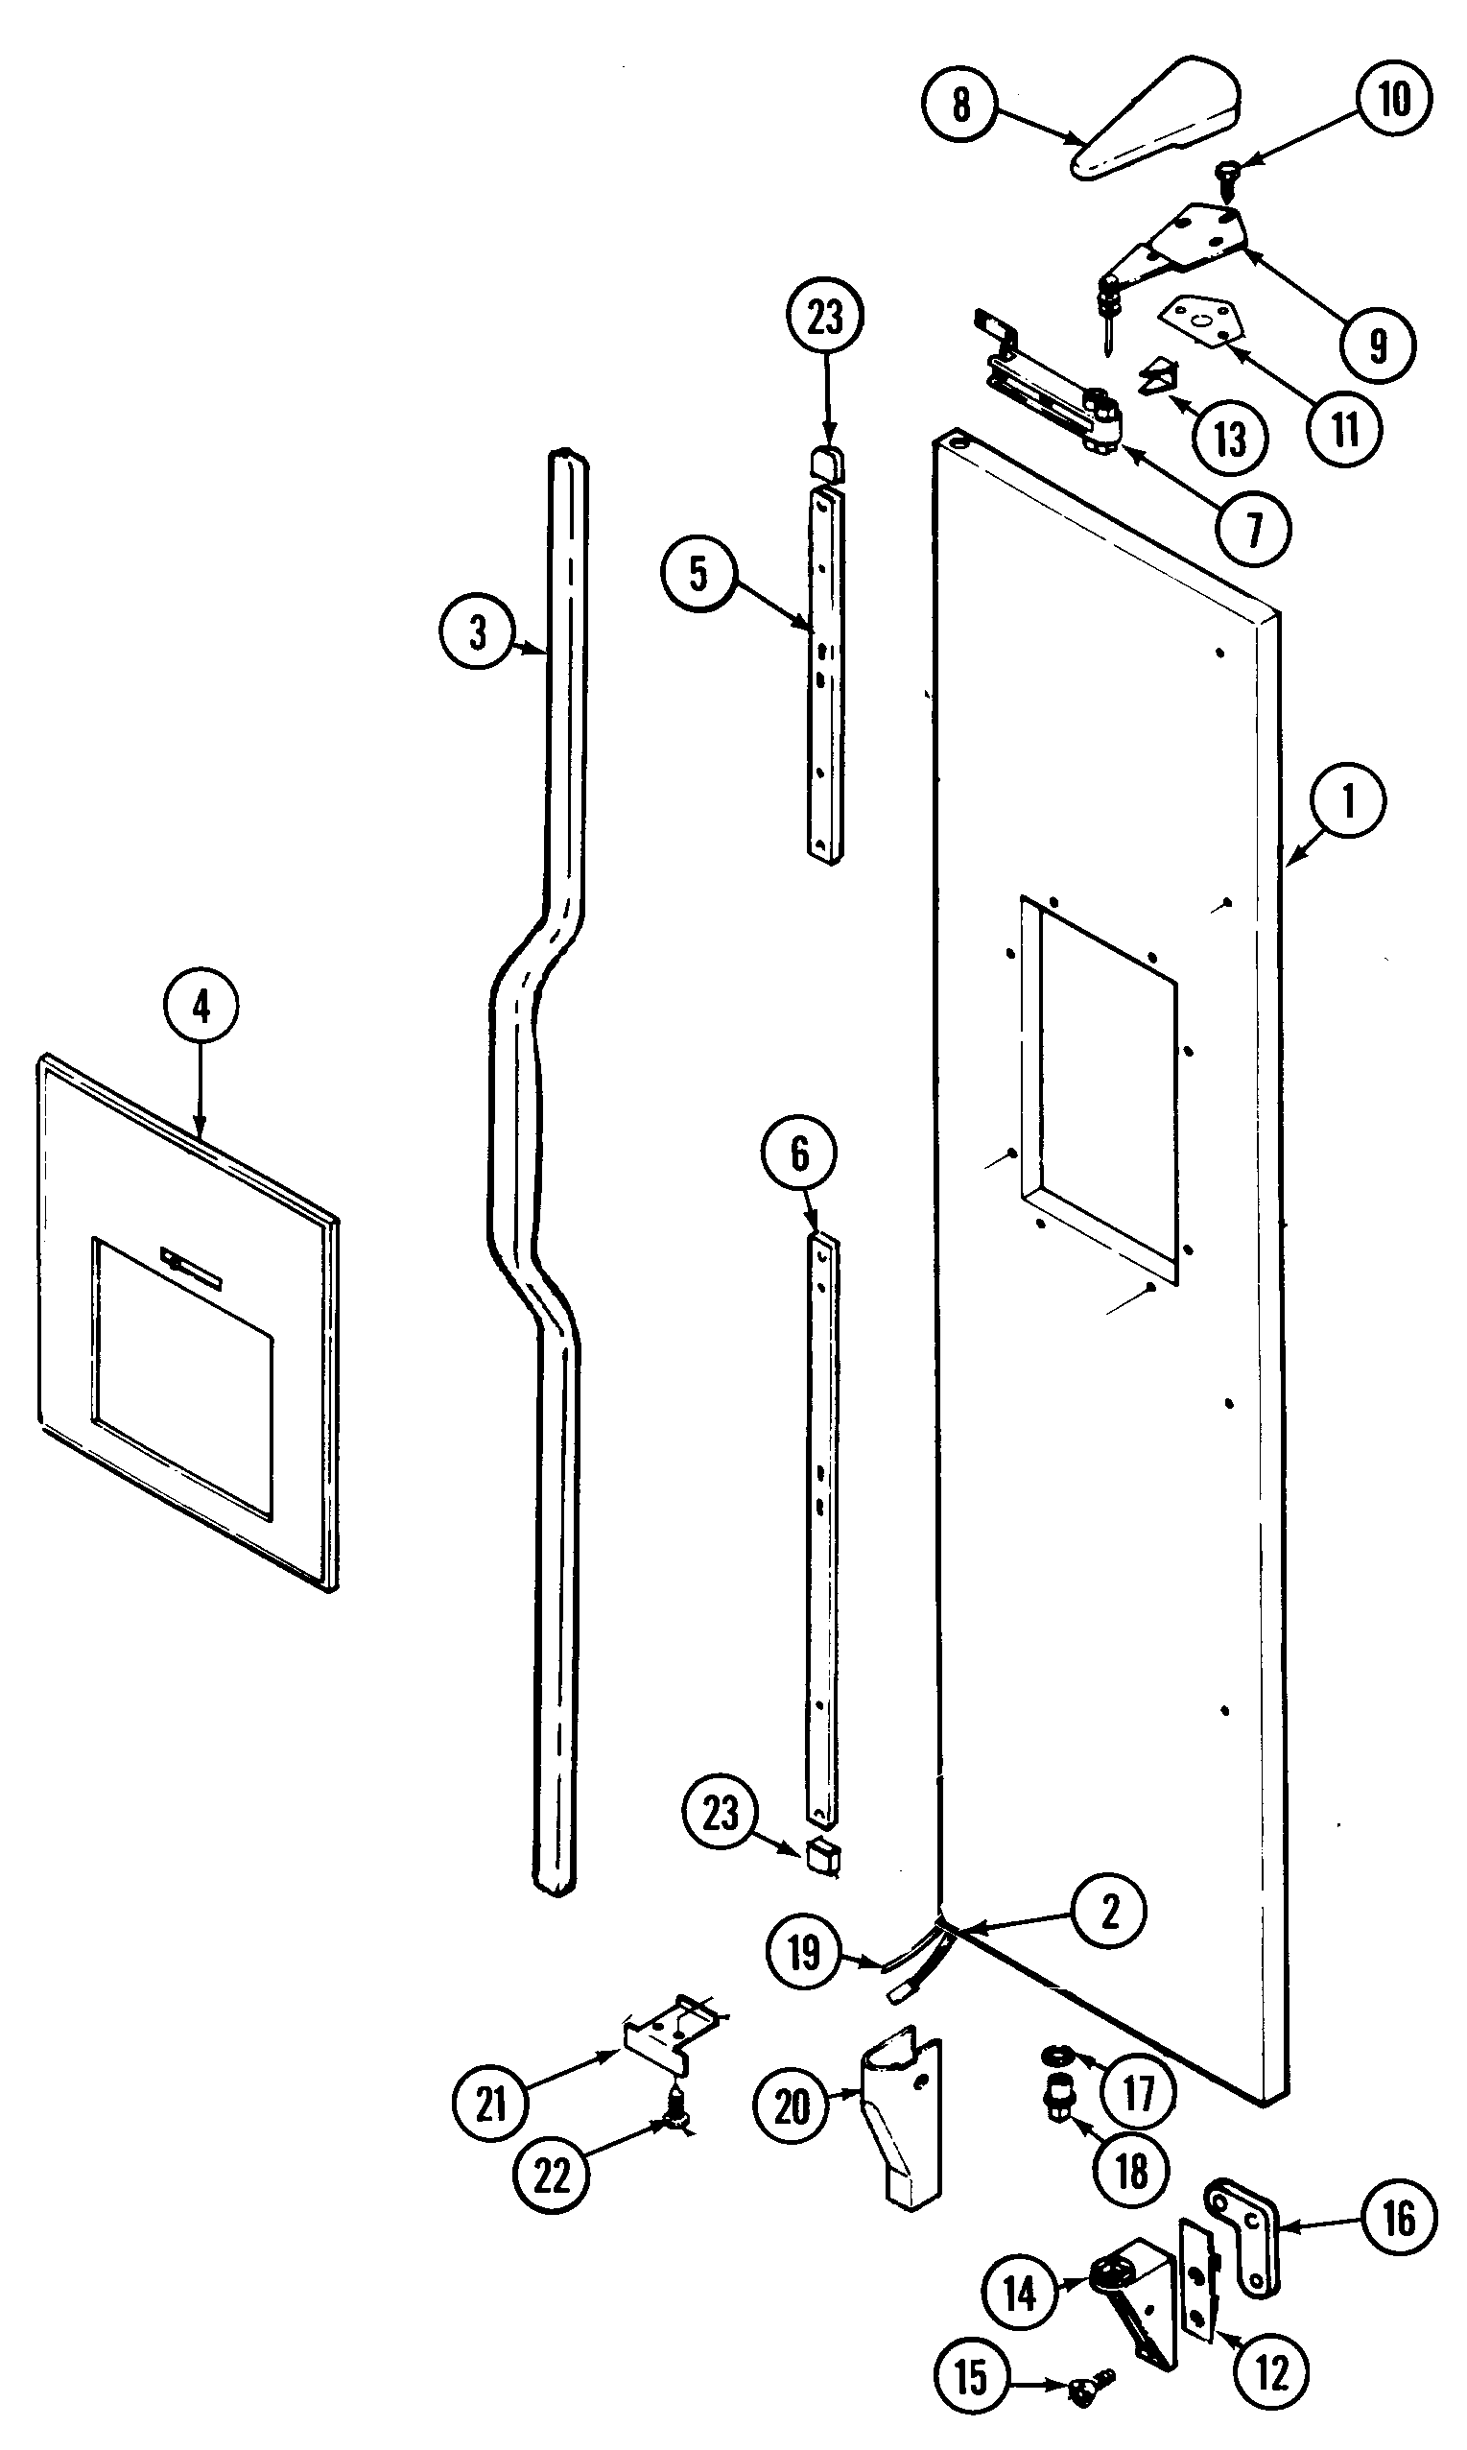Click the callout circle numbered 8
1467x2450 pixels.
click(959, 105)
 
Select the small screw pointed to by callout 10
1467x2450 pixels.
click(1231, 174)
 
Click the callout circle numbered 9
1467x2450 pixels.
click(1378, 345)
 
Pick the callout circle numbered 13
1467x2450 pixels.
click(1230, 437)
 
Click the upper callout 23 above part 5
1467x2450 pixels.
click(825, 319)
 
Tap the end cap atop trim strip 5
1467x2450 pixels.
click(826, 463)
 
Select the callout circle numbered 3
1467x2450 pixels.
click(478, 630)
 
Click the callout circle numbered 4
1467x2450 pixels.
click(201, 1008)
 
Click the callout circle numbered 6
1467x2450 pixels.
click(800, 1153)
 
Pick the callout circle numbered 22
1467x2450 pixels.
click(552, 2176)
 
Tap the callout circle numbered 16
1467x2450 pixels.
click(1399, 2219)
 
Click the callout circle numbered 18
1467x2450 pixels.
click(1132, 2172)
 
